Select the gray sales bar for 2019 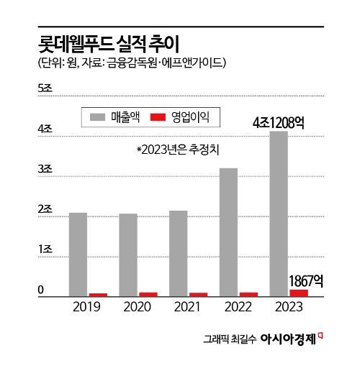coord(78,254)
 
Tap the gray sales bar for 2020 coord(128,255)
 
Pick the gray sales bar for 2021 coord(179,253)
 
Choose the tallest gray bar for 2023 coord(278,214)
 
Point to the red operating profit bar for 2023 coord(298,292)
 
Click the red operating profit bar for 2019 coord(98,294)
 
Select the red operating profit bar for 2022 coord(248,293)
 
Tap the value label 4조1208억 coord(278,122)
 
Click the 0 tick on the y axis coord(41,290)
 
